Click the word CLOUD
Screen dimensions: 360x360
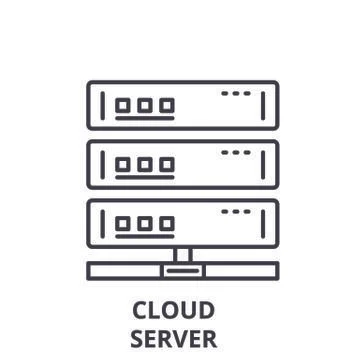(x=173, y=310)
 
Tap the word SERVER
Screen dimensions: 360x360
(x=173, y=338)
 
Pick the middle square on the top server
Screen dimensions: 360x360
(x=145, y=104)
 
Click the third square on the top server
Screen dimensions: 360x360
(x=166, y=104)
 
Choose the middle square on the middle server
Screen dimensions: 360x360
(x=145, y=163)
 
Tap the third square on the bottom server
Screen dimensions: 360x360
(x=166, y=223)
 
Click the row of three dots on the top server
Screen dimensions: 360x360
(x=236, y=93)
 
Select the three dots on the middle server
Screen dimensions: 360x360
(x=236, y=152)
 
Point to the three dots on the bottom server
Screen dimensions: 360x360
(x=236, y=212)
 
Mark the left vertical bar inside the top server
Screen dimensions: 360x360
(x=103, y=105)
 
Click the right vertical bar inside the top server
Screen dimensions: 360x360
(x=263, y=105)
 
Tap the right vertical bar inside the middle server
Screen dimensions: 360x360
(x=263, y=165)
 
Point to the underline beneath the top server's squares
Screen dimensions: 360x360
(x=145, y=118)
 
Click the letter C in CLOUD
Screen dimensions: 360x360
(x=139, y=310)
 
